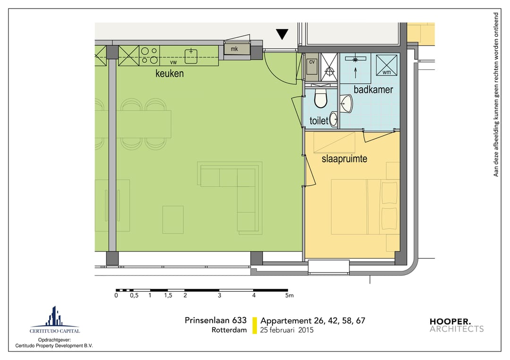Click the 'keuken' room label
170,74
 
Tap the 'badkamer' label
373,89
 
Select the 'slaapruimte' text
344,159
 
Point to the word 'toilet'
319,121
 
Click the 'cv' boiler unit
312,66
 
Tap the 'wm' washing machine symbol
386,65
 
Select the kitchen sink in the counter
191,56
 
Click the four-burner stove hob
150,56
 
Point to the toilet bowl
321,99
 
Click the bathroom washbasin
346,104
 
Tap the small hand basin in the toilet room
333,119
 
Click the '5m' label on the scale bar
289,295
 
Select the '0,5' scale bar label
134,295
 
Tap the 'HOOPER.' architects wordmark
450,321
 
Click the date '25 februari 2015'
287,330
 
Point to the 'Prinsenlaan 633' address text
216,320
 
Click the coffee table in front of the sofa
173,219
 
